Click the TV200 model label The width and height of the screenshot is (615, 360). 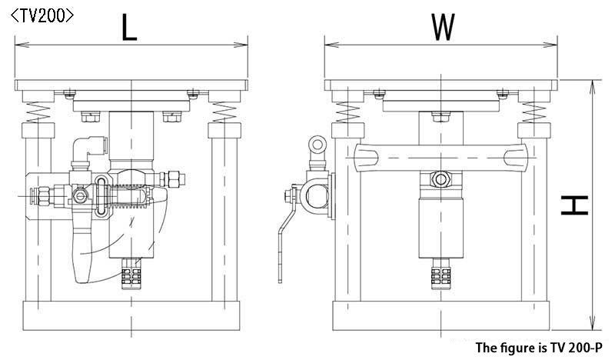click(42, 16)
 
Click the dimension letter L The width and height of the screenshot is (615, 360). click(129, 27)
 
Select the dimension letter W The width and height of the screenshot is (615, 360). click(444, 27)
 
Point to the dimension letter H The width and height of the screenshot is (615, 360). click(574, 205)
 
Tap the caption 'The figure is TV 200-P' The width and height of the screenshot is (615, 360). click(539, 348)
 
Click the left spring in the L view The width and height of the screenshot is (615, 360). click(38, 112)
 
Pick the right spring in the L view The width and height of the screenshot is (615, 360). click(224, 112)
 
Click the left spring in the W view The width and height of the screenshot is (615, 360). click(348, 112)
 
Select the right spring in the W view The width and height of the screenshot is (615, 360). click(534, 112)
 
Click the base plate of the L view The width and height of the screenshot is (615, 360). click(131, 315)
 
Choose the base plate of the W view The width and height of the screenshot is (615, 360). click(440, 315)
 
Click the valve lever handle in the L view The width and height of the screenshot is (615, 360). click(83, 252)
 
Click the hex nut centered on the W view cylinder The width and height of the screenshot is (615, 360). click(440, 180)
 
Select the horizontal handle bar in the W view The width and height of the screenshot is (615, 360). click(440, 158)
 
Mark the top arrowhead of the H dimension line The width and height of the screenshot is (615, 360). click(593, 87)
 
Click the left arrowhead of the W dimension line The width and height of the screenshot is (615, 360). click(331, 45)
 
